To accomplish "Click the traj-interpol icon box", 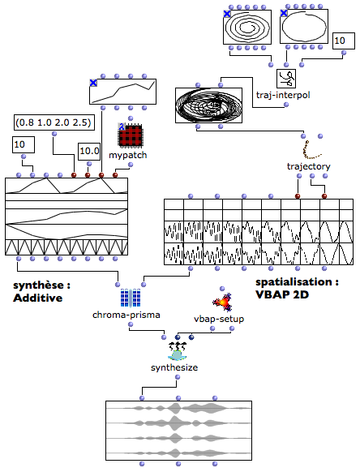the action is [286, 79].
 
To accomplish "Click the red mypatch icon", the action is [130, 135].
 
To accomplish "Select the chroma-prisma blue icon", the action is [131, 298].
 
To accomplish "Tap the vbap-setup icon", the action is [222, 302].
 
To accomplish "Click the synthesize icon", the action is [178, 351].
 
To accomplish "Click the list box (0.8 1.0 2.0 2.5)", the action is [54, 122].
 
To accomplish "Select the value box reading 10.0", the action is [89, 152].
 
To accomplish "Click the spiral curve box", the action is [247, 27].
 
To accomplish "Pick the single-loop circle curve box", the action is [304, 27].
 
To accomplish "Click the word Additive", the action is [38, 298].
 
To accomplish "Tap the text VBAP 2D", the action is [282, 294].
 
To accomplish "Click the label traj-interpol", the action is [283, 95].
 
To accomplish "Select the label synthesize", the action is [174, 367].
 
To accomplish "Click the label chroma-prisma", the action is [126, 315].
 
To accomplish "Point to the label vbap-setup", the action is [219, 319].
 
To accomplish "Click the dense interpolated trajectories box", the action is [208, 105].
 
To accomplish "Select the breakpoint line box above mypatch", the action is [122, 92].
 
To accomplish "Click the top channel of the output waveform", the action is [179, 409].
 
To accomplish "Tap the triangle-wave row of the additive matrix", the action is [66, 247].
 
